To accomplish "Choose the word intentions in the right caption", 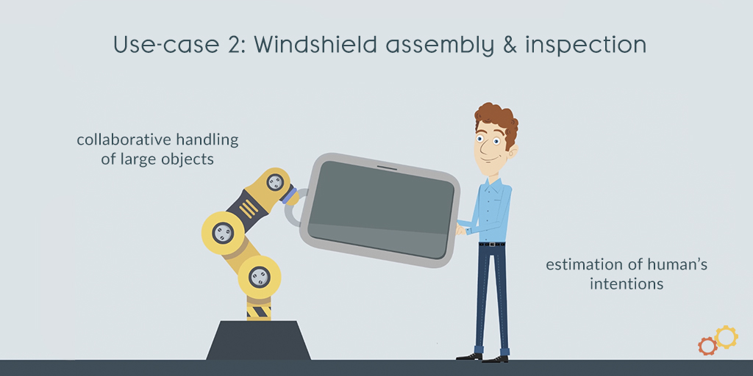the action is point(627,283).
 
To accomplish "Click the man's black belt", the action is point(492,244).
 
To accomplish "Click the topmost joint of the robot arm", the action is point(275,182).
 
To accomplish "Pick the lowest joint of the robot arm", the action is point(259,277).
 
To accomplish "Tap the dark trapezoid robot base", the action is point(258,340).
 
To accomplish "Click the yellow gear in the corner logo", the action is point(726,336).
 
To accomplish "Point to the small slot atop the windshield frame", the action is point(387,168).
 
